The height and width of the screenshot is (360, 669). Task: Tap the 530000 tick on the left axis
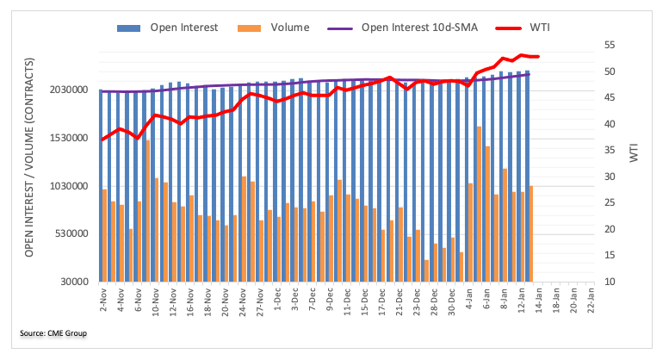74,233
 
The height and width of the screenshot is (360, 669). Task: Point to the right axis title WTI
635,154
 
